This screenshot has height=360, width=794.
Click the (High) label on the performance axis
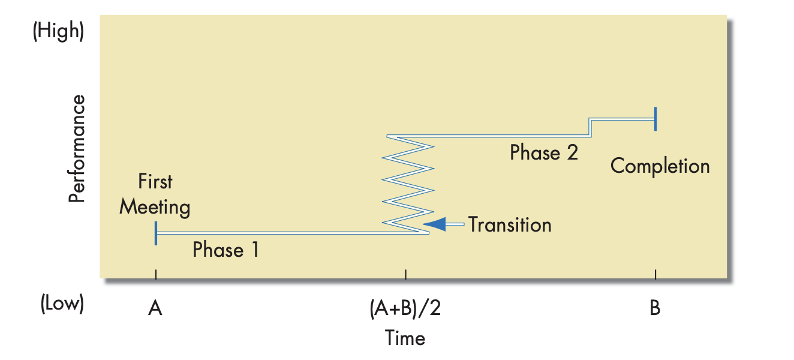click(58, 31)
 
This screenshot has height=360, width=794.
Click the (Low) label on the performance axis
click(62, 304)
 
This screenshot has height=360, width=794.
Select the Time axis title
click(405, 338)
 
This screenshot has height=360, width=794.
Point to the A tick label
click(155, 308)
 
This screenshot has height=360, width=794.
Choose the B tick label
click(655, 308)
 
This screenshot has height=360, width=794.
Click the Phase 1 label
click(225, 250)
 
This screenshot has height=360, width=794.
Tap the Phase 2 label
click(544, 153)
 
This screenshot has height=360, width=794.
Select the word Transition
click(510, 224)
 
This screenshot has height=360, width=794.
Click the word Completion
click(660, 166)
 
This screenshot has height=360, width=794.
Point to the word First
click(155, 181)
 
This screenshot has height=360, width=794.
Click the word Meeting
click(155, 208)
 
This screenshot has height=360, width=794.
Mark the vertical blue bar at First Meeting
click(156, 233)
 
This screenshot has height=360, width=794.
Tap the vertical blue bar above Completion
click(655, 119)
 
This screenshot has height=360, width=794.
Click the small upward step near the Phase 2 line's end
click(591, 127)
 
